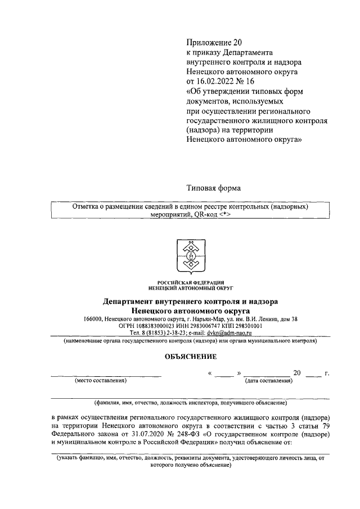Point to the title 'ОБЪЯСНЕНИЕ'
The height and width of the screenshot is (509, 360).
click(191, 356)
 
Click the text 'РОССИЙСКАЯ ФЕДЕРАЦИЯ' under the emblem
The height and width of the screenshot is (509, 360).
click(191, 281)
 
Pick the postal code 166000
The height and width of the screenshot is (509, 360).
click(93, 319)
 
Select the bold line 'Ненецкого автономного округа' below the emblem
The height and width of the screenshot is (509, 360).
click(191, 310)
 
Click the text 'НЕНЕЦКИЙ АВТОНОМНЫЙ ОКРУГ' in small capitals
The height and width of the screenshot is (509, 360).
click(191, 287)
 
